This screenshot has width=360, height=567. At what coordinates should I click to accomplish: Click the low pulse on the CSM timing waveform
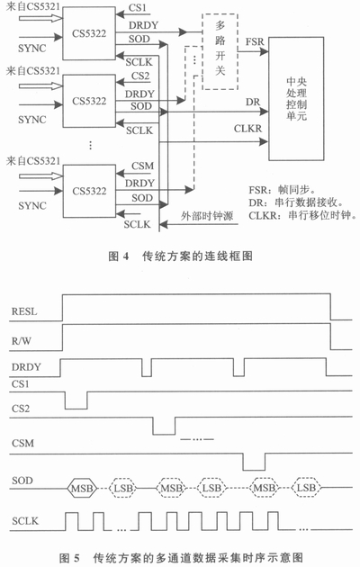[255, 460]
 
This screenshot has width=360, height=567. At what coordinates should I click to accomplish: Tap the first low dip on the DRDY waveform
[147, 370]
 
